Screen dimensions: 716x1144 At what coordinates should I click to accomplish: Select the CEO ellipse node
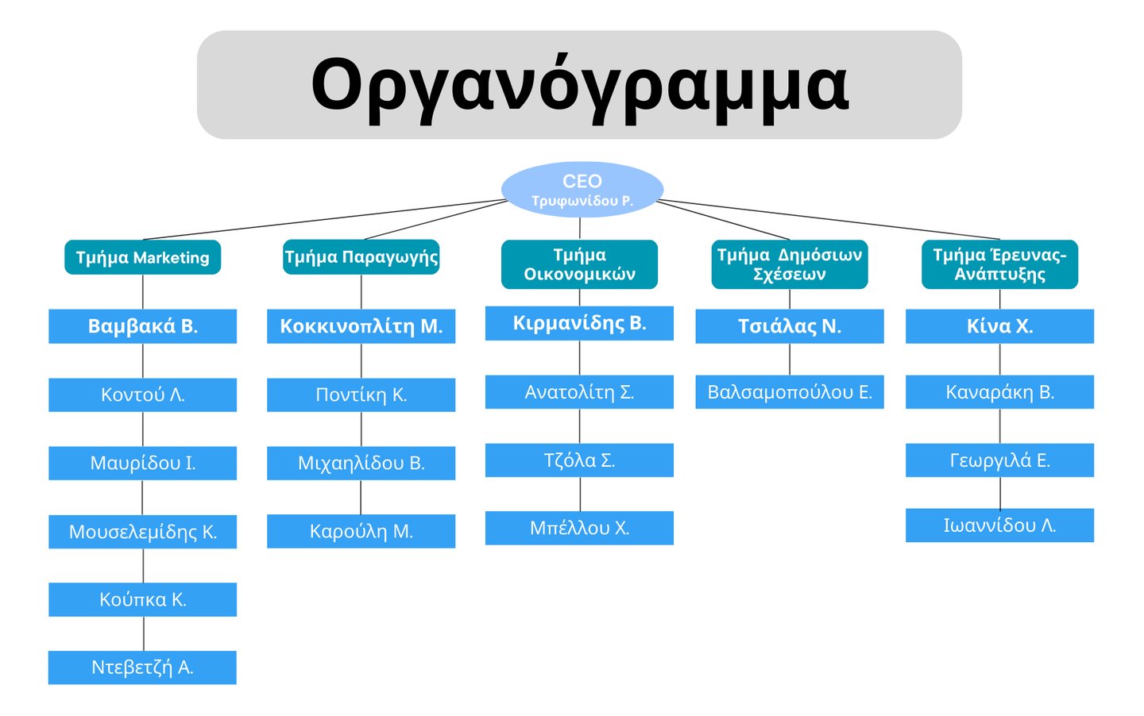(582, 190)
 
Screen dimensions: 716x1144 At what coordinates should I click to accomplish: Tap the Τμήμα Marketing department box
(143, 257)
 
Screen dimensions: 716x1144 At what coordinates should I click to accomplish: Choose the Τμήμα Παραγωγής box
(361, 257)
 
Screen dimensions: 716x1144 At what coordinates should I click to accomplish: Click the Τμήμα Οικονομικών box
(579, 264)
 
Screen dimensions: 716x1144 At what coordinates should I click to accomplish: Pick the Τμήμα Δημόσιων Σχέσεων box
(789, 264)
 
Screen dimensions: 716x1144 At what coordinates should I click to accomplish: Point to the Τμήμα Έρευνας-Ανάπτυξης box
(999, 264)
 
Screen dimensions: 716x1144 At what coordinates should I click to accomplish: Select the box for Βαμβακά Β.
(143, 326)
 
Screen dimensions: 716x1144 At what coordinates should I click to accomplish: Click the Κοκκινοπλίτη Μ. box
(361, 326)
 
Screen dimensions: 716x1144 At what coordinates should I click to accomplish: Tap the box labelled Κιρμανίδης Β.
(579, 323)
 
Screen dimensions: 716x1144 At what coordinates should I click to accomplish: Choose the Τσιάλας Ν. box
(789, 326)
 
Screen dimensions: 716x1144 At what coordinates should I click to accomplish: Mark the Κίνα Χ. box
(999, 326)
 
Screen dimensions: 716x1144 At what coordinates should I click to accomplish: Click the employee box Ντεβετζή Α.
(143, 668)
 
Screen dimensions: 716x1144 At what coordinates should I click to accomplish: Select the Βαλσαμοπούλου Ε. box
(789, 392)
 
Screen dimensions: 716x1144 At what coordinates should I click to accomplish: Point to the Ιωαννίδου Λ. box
(999, 525)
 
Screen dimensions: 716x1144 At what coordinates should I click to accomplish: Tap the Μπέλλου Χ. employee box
(579, 528)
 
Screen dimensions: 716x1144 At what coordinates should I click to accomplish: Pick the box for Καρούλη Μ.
(361, 531)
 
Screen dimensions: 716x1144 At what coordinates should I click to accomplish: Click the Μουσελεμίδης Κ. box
(143, 532)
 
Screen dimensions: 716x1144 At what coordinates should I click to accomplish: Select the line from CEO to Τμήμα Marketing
(326, 219)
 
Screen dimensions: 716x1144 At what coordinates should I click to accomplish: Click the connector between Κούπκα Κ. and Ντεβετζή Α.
(144, 633)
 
